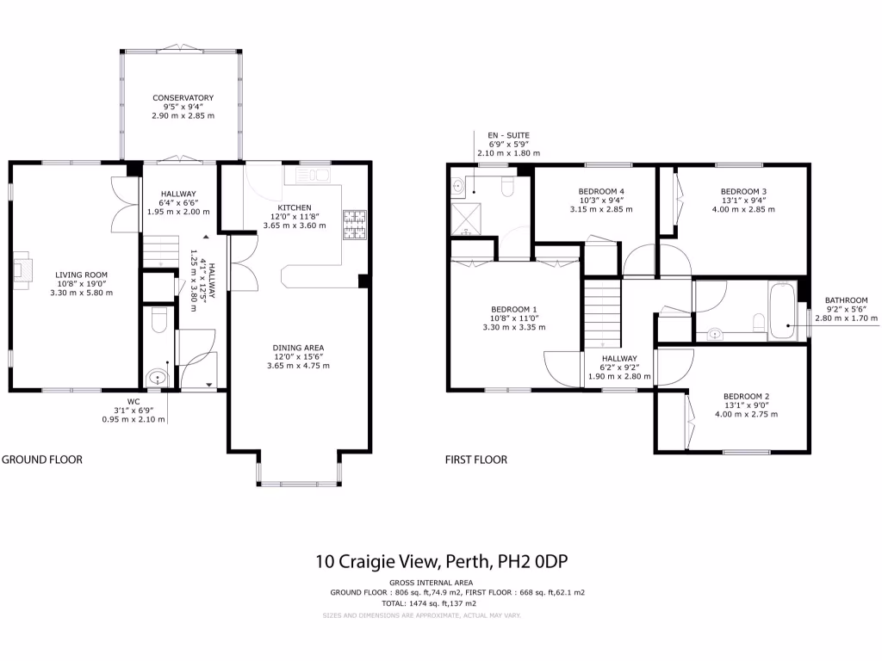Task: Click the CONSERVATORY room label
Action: coord(183,98)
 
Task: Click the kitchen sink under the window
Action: coord(311,176)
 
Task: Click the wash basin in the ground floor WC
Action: coord(158,376)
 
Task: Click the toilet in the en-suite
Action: coord(507,186)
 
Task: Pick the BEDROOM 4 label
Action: coord(601,191)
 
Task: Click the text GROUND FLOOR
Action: coord(42,460)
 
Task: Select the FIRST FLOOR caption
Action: coord(476,460)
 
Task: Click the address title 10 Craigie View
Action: coord(442,562)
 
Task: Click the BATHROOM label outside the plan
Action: coord(846,300)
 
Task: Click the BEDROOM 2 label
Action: coord(746,397)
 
